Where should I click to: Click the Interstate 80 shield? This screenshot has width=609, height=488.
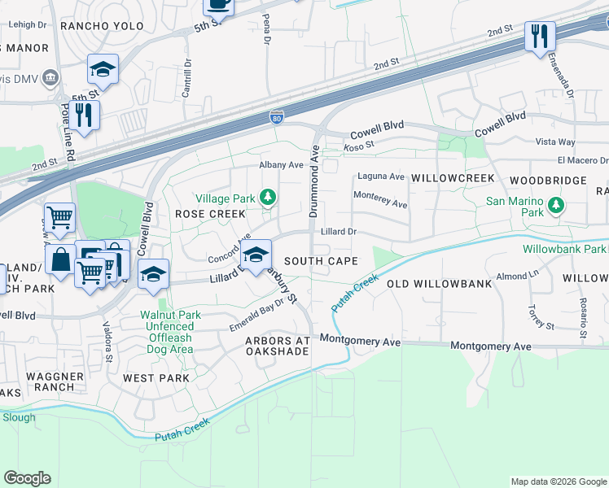[x=277, y=119]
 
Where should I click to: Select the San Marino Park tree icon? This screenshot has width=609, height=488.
[x=556, y=203]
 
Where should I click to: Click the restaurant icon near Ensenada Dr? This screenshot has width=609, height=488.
[x=539, y=36]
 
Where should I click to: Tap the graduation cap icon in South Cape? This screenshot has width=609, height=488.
[x=256, y=255]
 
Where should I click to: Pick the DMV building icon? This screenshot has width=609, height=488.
[x=50, y=78]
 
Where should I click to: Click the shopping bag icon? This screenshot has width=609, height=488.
[x=62, y=260]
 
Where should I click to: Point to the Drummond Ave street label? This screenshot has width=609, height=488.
[x=314, y=181]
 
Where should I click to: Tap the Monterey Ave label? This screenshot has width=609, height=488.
[x=379, y=199]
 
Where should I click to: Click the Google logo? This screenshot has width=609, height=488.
[x=27, y=478]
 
